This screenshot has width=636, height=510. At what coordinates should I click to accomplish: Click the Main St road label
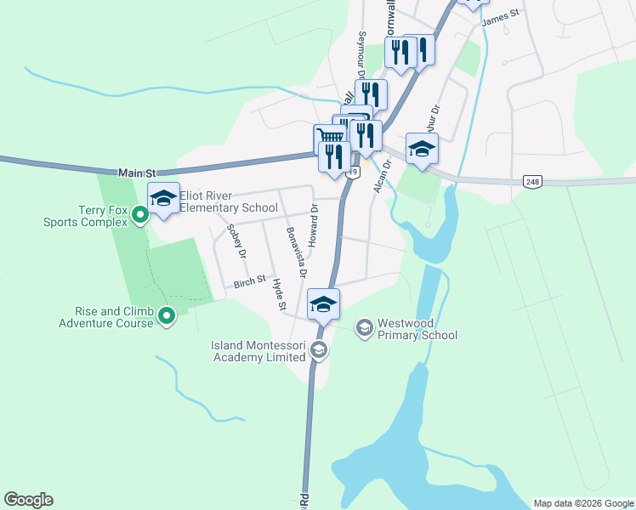point(139,173)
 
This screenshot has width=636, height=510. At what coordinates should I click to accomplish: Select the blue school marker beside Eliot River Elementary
point(164,199)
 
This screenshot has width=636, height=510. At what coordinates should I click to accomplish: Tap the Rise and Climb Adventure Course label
point(106,317)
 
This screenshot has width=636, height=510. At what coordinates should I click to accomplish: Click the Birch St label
point(250,279)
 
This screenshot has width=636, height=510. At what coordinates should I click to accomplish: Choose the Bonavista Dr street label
point(296,252)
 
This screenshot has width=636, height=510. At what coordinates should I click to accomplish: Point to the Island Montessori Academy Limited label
point(258,351)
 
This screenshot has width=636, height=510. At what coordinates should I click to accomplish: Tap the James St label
point(500,16)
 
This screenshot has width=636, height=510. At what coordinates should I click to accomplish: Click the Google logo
point(28,500)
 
